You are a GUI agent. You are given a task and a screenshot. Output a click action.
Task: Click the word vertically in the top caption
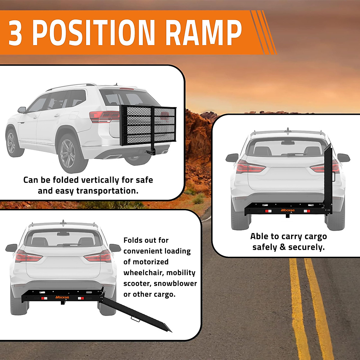(100, 180)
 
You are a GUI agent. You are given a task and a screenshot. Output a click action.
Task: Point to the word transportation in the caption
(107, 191)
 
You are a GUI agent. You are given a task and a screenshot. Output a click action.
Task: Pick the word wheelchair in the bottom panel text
(143, 273)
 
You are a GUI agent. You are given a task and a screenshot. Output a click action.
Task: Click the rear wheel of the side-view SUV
(69, 153)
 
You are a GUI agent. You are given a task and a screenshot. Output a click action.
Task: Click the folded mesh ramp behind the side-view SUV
(148, 125)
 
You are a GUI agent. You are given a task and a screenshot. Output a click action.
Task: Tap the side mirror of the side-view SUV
(22, 110)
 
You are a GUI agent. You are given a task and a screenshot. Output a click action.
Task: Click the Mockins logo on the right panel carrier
(288, 210)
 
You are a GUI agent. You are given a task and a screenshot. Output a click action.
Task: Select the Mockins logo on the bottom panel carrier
(62, 297)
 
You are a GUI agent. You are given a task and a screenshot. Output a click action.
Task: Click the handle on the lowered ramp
(135, 319)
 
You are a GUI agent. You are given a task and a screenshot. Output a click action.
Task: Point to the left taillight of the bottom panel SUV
(28, 257)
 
